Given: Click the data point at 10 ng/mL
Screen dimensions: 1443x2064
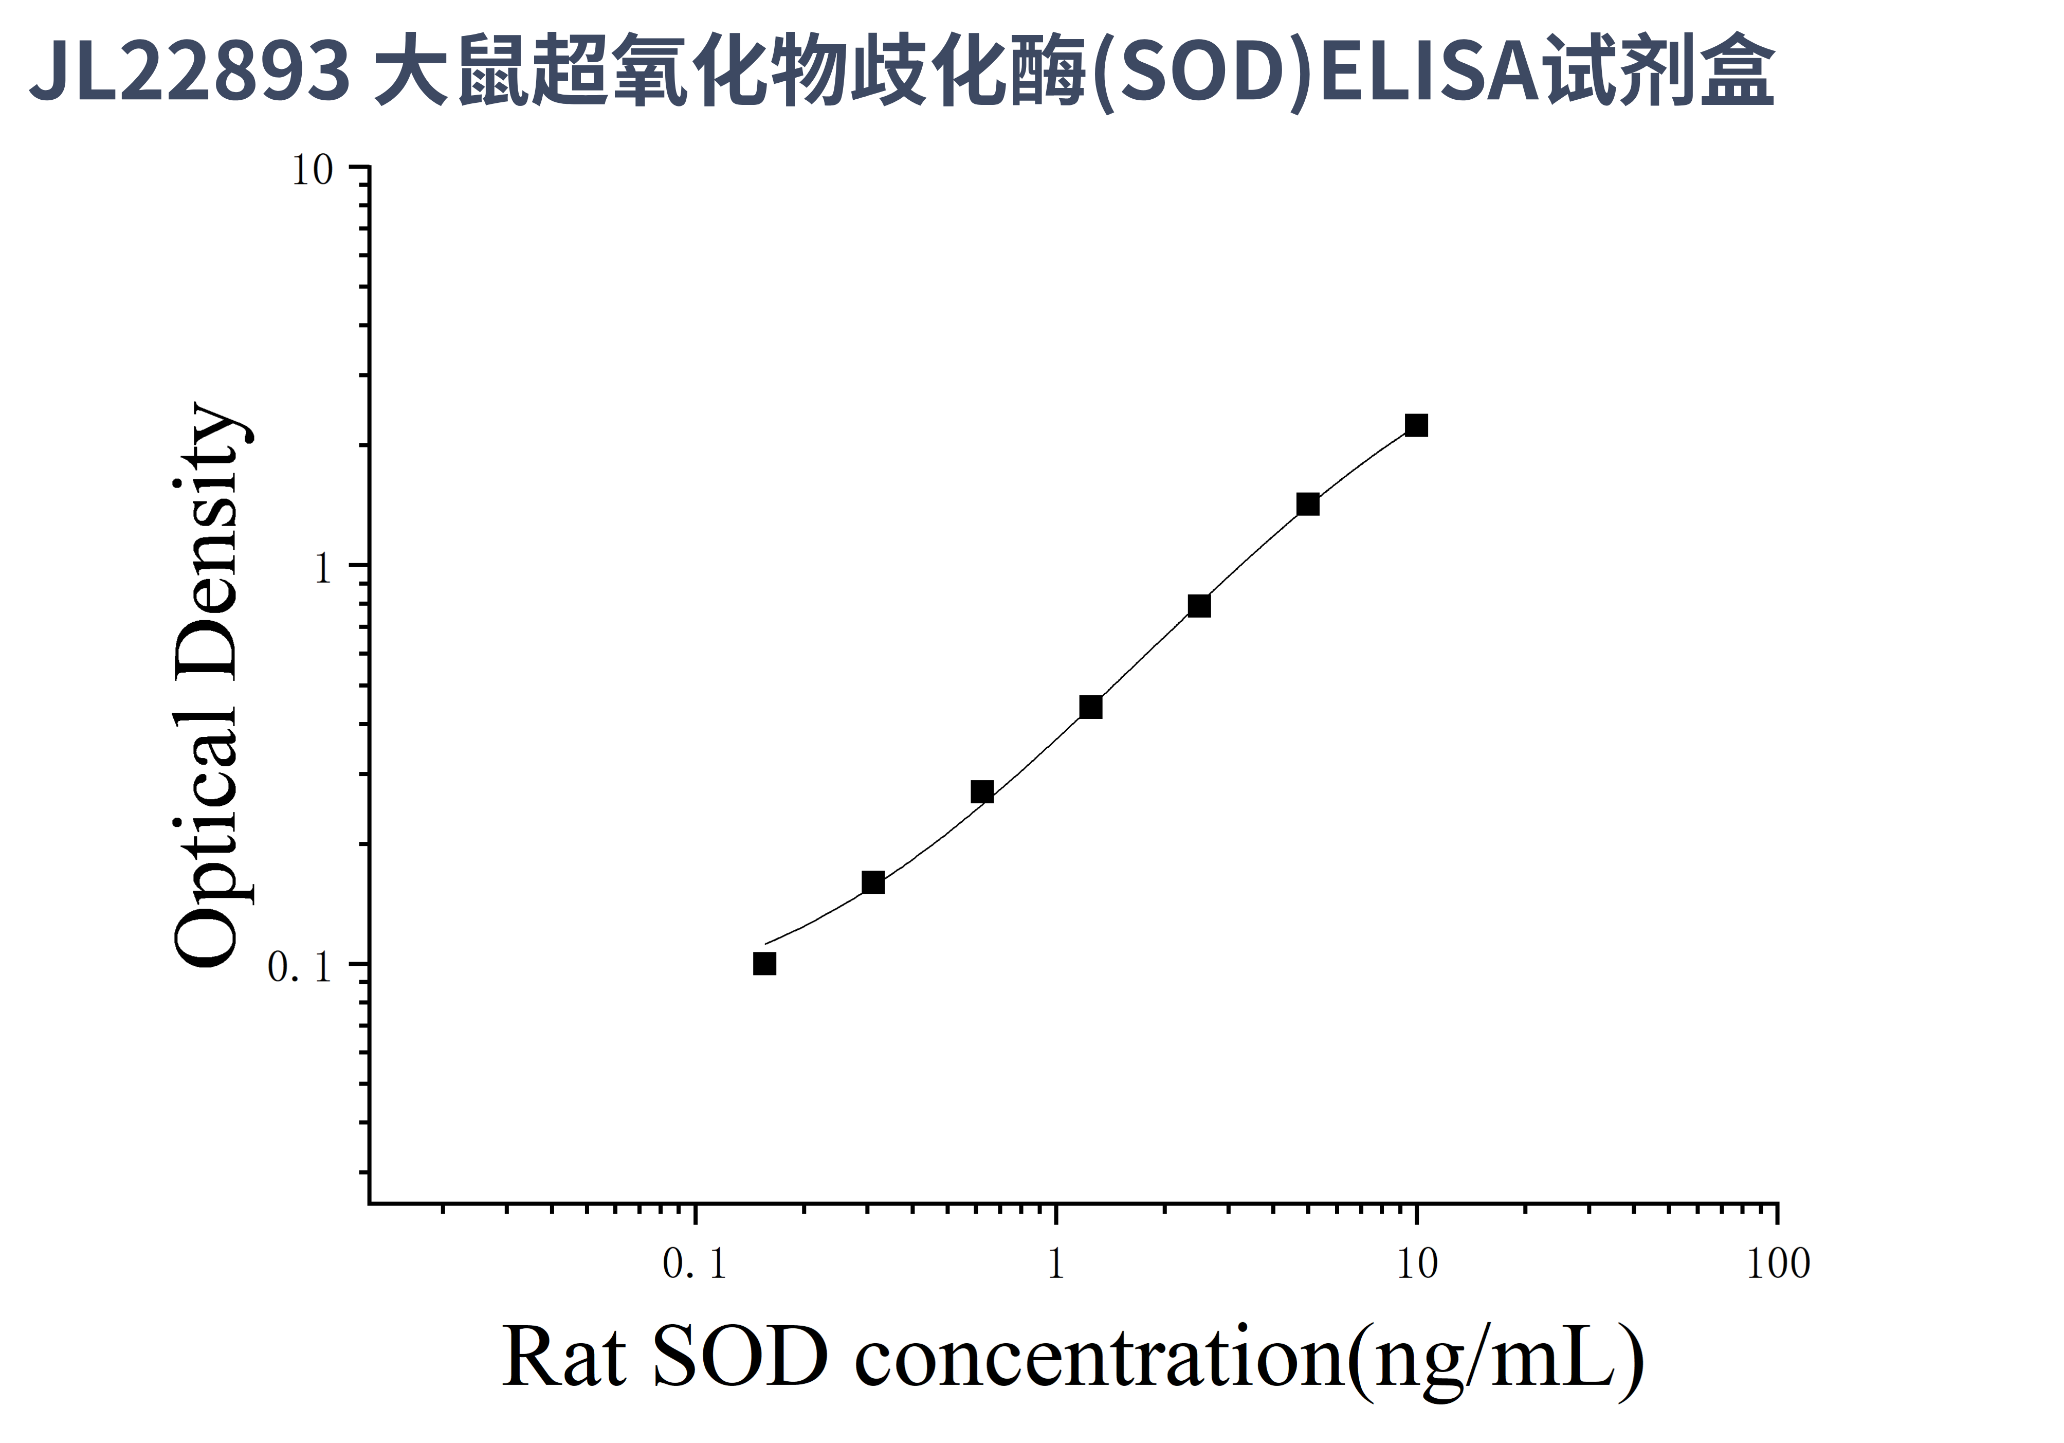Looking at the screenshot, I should tap(1416, 425).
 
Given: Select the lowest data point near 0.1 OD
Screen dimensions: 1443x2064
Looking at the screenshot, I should tap(764, 964).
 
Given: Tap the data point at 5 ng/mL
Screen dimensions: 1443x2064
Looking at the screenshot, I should tap(1307, 504).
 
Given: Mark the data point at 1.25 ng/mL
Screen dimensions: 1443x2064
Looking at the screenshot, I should tap(1090, 708).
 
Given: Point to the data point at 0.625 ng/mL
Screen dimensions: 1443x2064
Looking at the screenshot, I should tap(982, 792).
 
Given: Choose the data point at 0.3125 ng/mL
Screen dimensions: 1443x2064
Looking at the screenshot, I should tap(873, 883).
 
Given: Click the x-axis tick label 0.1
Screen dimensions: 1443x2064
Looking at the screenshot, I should tap(694, 1265).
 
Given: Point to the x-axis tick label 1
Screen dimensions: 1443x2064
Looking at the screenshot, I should tap(1055, 1265).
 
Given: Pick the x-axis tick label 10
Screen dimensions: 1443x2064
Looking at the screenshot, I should tap(1417, 1265).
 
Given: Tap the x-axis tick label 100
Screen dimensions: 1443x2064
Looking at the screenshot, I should tap(1777, 1265).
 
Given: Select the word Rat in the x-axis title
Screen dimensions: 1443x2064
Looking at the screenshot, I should tap(563, 1358).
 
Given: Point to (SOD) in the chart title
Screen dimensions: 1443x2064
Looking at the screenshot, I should tap(1204, 72).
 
